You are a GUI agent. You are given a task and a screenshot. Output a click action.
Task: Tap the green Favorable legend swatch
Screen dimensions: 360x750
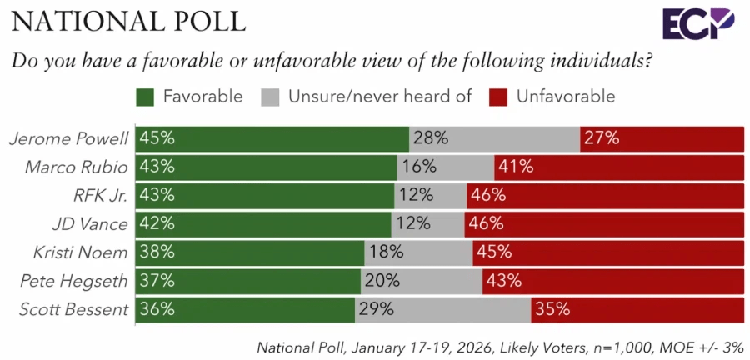pyautogui.click(x=147, y=97)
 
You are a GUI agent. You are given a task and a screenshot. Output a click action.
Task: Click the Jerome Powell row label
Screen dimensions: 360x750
pyautogui.click(x=68, y=138)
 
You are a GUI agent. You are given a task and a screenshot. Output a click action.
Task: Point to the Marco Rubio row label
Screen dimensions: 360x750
pyautogui.click(x=76, y=167)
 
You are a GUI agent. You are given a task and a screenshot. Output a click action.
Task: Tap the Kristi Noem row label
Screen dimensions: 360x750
pyautogui.click(x=81, y=252)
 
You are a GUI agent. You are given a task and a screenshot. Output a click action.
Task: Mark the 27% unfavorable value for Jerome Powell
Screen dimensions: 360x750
pyautogui.click(x=601, y=138)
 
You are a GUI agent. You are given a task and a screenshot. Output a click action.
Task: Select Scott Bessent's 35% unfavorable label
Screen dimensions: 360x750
pyautogui.click(x=552, y=309)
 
